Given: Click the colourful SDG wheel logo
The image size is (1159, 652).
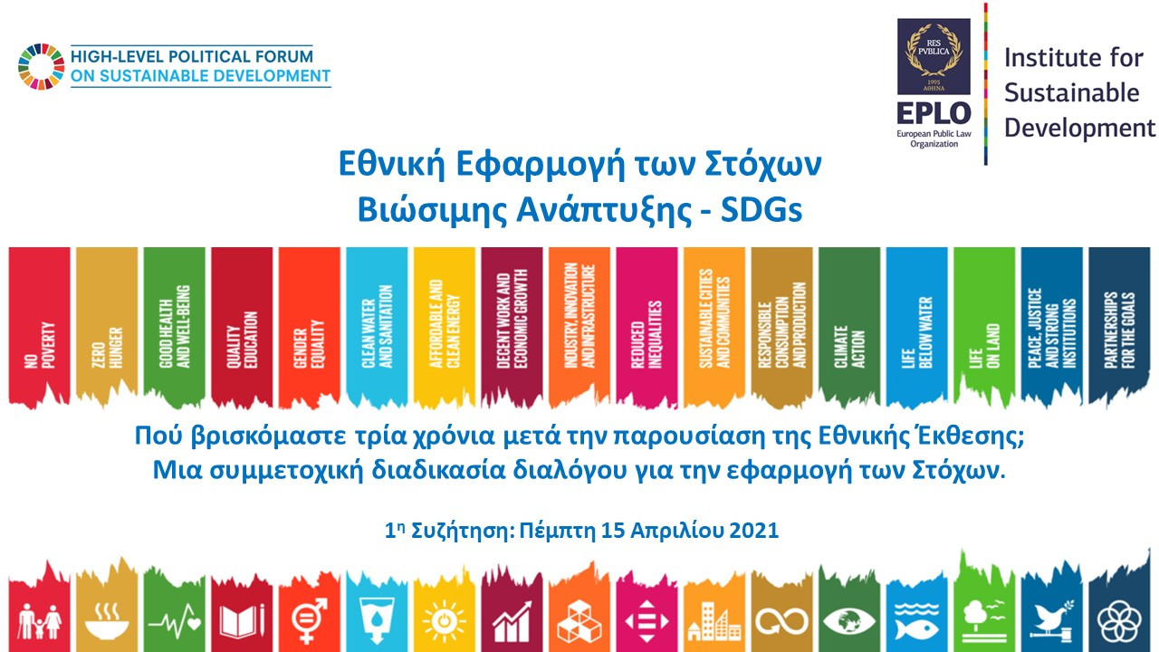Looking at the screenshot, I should tap(41, 66).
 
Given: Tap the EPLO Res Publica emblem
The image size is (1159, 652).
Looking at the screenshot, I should tap(933, 56).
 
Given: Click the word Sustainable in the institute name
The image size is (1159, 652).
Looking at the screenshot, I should tap(1072, 92).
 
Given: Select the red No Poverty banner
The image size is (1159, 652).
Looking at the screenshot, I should tap(39, 326).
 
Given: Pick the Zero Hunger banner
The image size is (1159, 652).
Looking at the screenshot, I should tap(107, 326).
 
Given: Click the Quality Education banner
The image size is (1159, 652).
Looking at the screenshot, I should tap(242, 326).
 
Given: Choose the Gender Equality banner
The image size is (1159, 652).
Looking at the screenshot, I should tap(309, 326).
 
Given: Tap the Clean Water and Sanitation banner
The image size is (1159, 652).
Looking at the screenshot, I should tap(377, 326).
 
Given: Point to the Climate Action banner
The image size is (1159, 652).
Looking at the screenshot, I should tap(848, 326).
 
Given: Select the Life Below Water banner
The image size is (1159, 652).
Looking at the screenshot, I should tap(916, 326).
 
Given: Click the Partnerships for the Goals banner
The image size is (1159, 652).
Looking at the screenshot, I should tap(1118, 326).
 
